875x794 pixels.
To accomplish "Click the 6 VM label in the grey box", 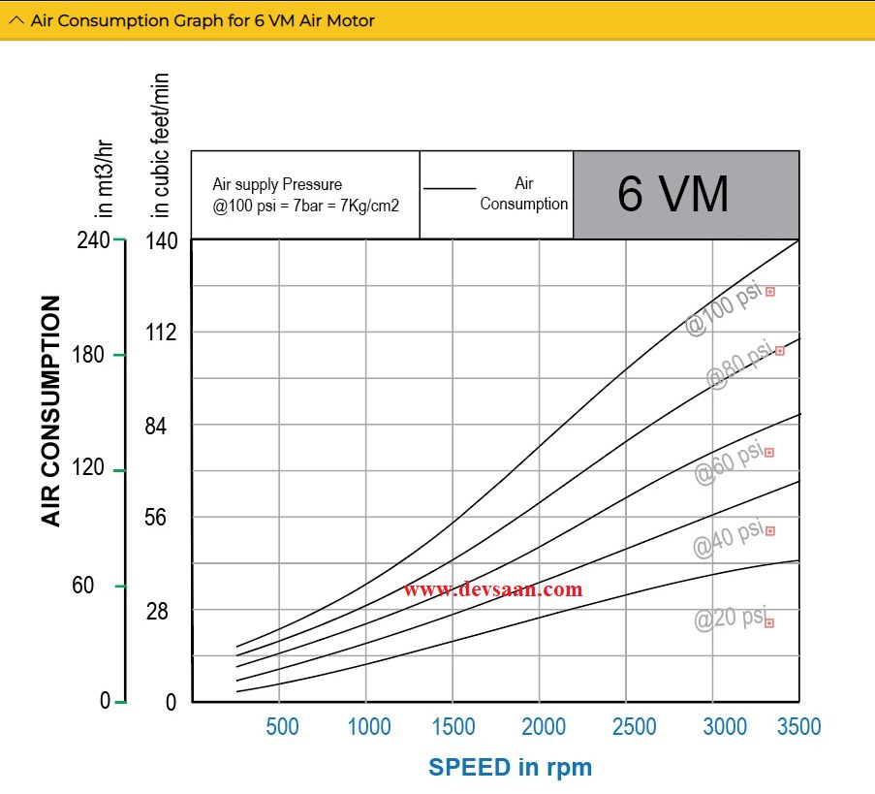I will point(673,194).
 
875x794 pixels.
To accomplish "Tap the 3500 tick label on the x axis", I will point(798,726).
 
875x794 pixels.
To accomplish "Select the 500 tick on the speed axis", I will point(281,726).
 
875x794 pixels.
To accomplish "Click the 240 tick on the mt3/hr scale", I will point(93,240).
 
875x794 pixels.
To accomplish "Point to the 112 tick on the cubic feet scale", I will point(162,333).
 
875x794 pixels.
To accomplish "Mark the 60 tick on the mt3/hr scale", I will point(83,586).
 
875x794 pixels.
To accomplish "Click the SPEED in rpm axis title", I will point(510,767).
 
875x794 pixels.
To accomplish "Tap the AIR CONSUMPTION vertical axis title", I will point(51,411).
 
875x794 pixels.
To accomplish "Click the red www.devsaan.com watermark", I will point(493,588).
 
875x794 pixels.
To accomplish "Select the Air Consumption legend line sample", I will point(451,189).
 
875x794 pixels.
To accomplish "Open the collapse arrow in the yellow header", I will point(16,20).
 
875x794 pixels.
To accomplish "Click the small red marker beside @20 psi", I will point(769,623).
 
